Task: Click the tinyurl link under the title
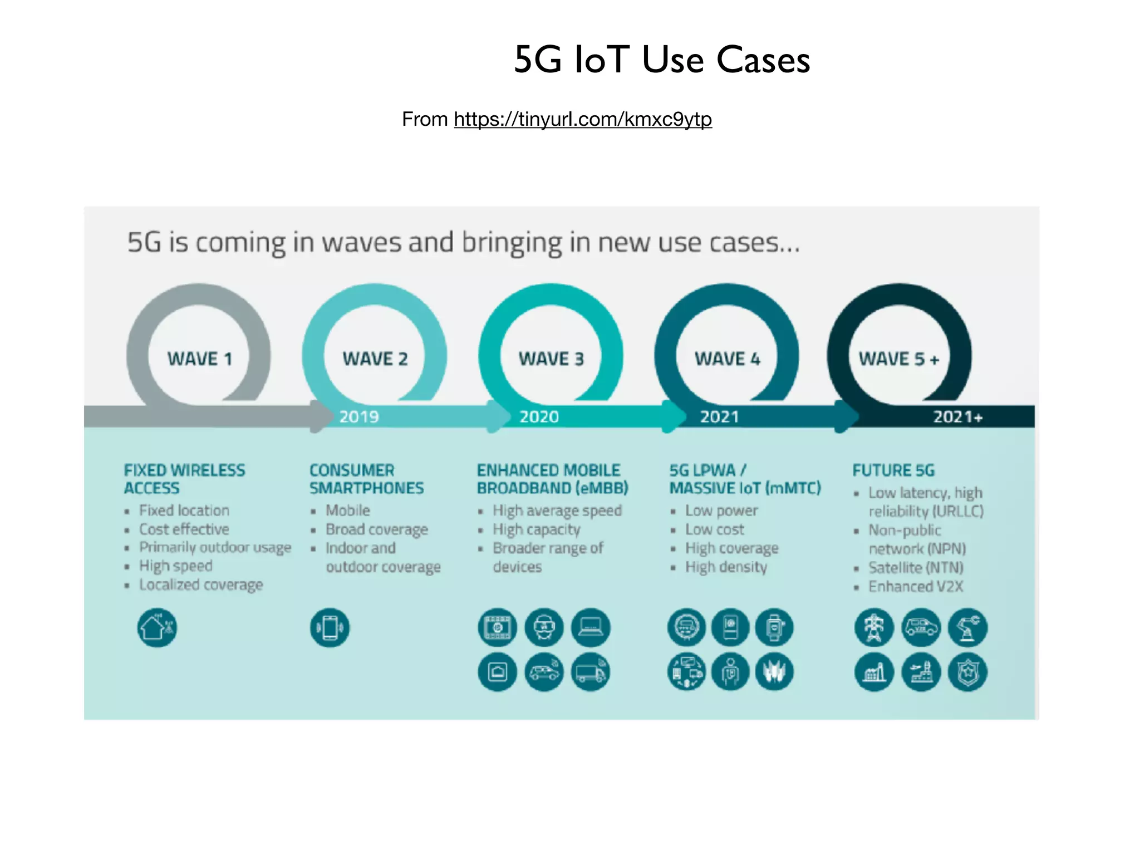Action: [582, 119]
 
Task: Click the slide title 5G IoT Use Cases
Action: [661, 60]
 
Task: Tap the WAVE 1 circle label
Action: [199, 359]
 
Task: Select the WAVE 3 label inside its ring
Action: [551, 359]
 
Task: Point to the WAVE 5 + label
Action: [898, 359]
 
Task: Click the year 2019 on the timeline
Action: [359, 416]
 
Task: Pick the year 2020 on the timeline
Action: [539, 416]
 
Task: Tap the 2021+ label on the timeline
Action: [957, 416]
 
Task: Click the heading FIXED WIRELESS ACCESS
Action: [184, 479]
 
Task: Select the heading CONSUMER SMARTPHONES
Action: [366, 479]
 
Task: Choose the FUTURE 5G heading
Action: [893, 470]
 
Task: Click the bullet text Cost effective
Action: [184, 529]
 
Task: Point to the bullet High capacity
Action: [536, 529]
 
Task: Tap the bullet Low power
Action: [721, 510]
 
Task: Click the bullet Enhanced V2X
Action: [915, 586]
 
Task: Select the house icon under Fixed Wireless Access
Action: [157, 627]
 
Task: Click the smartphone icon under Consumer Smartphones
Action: [330, 628]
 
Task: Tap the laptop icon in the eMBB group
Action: [591, 627]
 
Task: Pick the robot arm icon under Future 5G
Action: [967, 627]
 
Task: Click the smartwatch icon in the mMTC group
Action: [774, 627]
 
